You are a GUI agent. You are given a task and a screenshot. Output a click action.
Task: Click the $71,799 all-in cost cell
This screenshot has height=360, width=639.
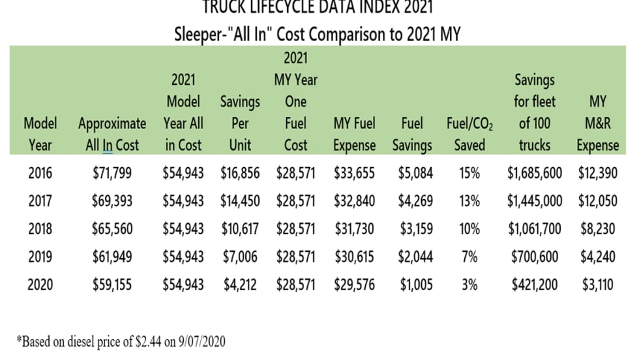tap(112, 173)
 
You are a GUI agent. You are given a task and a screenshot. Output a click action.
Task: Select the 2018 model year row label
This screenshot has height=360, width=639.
tap(40, 229)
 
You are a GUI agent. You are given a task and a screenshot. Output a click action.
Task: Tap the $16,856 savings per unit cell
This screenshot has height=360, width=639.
tap(239, 173)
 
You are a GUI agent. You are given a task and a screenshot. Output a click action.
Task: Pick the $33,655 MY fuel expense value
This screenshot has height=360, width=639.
tap(354, 173)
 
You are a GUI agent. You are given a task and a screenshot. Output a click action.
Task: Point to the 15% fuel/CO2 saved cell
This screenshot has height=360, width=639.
tap(469, 173)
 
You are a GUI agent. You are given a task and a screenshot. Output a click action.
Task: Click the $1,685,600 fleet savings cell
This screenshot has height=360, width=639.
tap(534, 173)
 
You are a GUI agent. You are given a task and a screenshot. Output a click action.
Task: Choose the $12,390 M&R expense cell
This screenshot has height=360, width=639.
tap(597, 173)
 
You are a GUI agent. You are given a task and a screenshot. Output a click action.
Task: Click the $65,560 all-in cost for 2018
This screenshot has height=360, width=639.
tap(112, 229)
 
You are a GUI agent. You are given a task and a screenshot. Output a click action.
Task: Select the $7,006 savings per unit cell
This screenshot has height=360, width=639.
tap(239, 256)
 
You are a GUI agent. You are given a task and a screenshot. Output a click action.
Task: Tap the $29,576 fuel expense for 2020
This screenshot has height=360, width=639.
tap(354, 284)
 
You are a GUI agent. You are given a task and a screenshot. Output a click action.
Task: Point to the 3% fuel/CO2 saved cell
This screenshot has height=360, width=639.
tap(469, 284)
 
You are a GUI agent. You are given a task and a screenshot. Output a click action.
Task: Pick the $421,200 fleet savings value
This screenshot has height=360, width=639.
tap(534, 284)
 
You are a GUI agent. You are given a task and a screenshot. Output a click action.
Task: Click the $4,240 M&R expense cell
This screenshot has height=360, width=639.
tap(597, 256)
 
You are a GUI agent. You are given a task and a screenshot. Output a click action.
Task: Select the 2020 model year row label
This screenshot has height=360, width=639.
tap(40, 284)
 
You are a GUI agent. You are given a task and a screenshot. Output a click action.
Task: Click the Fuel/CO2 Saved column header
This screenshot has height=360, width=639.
tap(469, 134)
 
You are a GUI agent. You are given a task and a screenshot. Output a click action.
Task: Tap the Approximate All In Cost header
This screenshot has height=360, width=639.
tap(112, 134)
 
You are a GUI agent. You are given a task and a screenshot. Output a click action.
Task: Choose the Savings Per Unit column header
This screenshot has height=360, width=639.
tap(240, 123)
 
